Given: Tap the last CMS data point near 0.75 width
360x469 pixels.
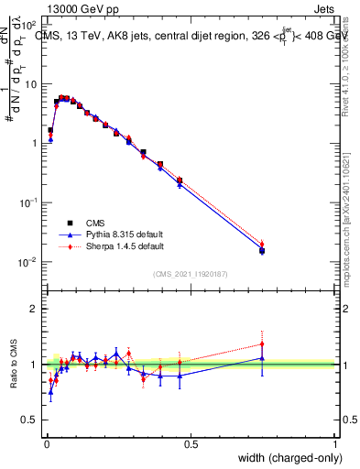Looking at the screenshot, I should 262,250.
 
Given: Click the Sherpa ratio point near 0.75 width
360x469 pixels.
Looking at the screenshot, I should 262,344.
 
